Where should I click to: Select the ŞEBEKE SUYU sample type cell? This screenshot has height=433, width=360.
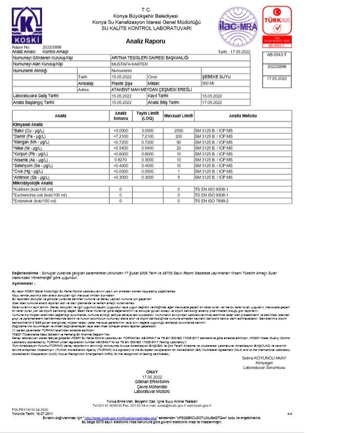click(x=215, y=76)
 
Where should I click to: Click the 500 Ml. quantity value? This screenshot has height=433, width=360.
click(x=208, y=83)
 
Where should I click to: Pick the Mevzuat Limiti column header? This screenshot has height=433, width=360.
click(x=178, y=115)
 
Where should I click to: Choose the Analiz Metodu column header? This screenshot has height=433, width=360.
click(x=243, y=115)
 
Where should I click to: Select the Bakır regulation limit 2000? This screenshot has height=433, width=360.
click(x=178, y=131)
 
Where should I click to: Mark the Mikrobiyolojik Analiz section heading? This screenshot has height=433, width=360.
click(x=33, y=183)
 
